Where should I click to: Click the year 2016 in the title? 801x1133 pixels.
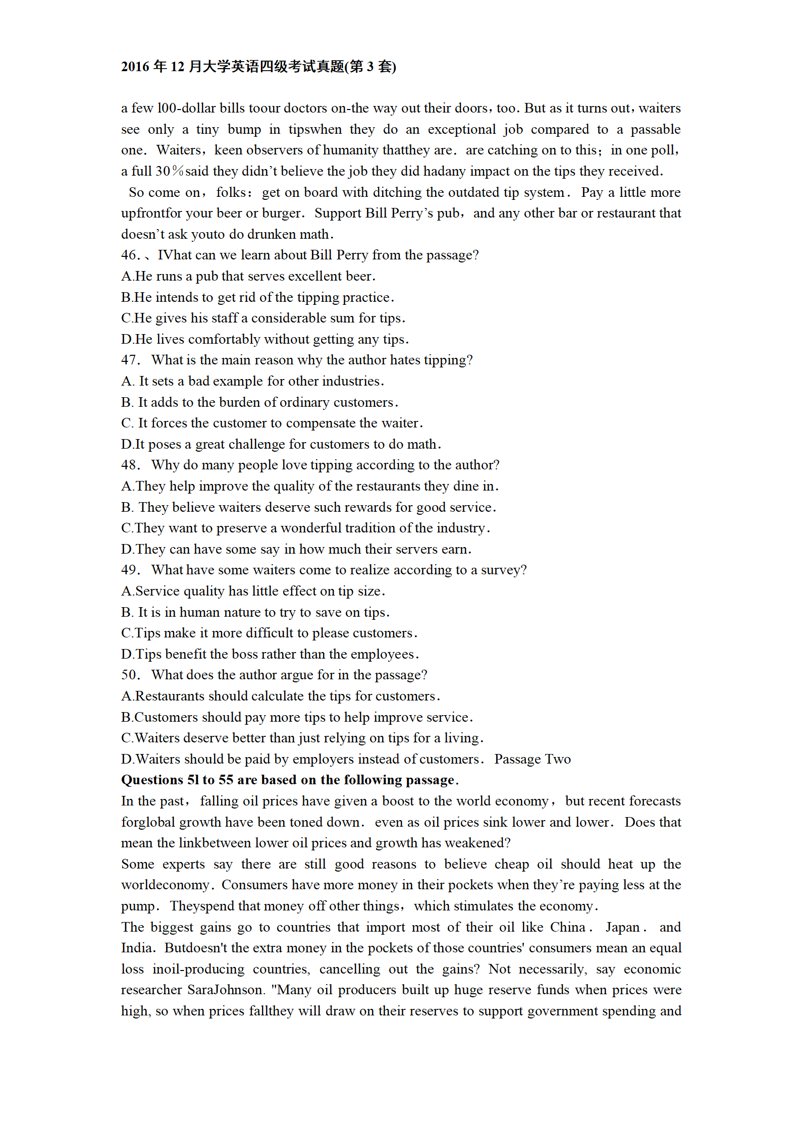tap(135, 67)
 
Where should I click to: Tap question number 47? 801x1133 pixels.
tap(129, 360)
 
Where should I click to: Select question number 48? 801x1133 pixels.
tap(129, 465)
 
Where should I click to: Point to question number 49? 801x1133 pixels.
tap(129, 570)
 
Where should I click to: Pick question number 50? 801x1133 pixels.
tap(129, 675)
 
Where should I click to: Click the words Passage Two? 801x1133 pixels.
tap(532, 760)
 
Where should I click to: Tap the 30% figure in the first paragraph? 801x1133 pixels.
tap(169, 172)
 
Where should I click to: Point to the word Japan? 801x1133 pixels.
tap(623, 928)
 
